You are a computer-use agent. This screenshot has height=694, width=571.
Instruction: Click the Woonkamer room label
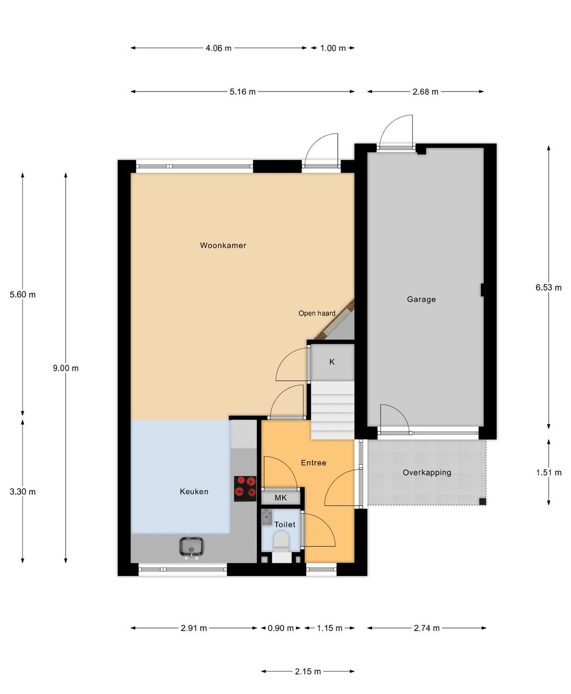223,245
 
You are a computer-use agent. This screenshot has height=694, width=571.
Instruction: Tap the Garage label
421,299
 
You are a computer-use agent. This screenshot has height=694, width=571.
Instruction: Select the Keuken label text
194,491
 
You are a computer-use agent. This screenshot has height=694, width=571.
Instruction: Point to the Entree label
314,463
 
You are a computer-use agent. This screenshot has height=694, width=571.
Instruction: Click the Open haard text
317,313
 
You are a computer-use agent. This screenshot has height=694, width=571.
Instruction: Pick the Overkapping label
427,472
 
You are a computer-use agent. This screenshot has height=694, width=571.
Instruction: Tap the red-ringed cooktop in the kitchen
245,489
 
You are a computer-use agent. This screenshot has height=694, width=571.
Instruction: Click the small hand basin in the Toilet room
266,518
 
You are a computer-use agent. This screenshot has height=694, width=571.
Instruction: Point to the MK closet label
281,498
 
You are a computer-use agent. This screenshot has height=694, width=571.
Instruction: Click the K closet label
332,362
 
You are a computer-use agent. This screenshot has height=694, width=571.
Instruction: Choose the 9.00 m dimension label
66,368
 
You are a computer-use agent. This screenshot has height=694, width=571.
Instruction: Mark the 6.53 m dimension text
548,288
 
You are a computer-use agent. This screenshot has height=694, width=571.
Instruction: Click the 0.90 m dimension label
281,628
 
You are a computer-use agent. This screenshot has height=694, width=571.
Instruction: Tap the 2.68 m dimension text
425,92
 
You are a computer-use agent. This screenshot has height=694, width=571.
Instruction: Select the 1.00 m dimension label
333,48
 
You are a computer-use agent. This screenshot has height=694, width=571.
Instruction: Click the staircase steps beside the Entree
333,410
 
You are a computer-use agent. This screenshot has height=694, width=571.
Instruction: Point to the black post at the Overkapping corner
483,501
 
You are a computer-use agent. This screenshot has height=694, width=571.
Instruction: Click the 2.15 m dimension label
308,672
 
